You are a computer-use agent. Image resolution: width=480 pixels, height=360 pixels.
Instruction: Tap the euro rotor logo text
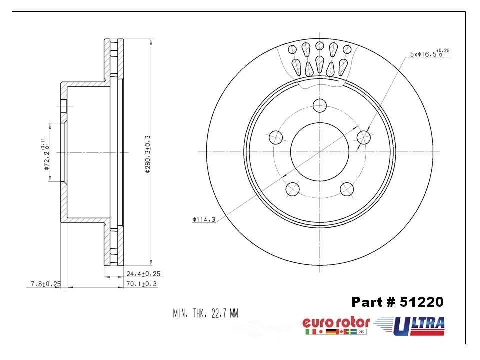click(x=336, y=322)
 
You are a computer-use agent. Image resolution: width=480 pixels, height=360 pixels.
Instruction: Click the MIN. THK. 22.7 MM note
click(x=205, y=314)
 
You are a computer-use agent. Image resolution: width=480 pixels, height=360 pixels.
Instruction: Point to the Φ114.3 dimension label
click(x=203, y=219)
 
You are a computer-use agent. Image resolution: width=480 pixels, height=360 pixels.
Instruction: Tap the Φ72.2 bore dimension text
click(x=46, y=157)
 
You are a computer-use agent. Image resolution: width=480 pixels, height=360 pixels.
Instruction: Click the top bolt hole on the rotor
click(x=320, y=105)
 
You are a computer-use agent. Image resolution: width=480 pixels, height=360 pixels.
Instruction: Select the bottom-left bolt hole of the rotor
click(x=292, y=189)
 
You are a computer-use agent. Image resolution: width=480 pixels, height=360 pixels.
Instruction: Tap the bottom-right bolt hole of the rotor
click(x=347, y=189)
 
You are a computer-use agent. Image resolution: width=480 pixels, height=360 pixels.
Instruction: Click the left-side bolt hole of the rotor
click(x=275, y=136)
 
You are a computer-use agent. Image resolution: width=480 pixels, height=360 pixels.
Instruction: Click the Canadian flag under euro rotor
click(x=341, y=332)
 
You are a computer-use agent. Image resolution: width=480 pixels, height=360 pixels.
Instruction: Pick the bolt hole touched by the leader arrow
click(x=364, y=137)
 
